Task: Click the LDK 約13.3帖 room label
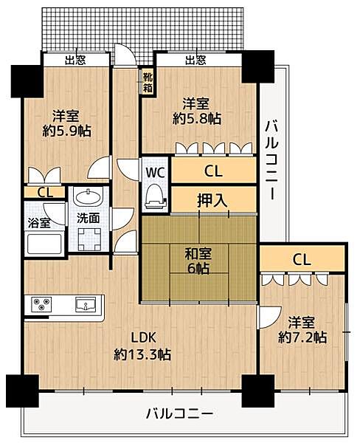click(142, 348)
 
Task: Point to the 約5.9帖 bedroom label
click(66, 123)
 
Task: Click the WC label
click(155, 171)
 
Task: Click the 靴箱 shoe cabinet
click(147, 80)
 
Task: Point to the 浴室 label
click(39, 219)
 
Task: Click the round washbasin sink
click(89, 197)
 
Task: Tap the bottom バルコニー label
click(179, 413)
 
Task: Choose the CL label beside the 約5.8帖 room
click(213, 171)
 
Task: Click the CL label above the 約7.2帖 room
click(301, 259)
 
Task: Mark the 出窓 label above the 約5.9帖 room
click(75, 60)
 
